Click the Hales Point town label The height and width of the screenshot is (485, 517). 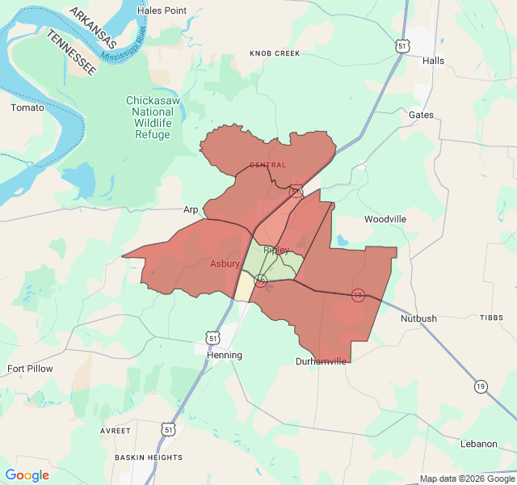(x=162, y=11)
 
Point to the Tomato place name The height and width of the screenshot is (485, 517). (x=27, y=108)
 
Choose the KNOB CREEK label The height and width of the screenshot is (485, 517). (x=275, y=53)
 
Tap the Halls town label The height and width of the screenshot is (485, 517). (x=433, y=61)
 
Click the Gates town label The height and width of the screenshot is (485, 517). (x=421, y=115)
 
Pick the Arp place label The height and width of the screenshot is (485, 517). (x=191, y=209)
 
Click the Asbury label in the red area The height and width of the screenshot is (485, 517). (x=225, y=264)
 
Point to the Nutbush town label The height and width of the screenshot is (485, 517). (x=418, y=318)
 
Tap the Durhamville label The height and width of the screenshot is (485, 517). (x=321, y=361)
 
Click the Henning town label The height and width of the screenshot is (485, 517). (x=224, y=355)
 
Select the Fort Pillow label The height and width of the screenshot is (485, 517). (x=30, y=369)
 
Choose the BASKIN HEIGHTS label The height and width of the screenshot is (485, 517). (x=149, y=458)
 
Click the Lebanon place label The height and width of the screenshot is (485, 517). (x=479, y=444)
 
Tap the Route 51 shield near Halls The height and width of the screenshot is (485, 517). (x=402, y=47)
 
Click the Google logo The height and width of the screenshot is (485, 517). (x=27, y=475)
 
